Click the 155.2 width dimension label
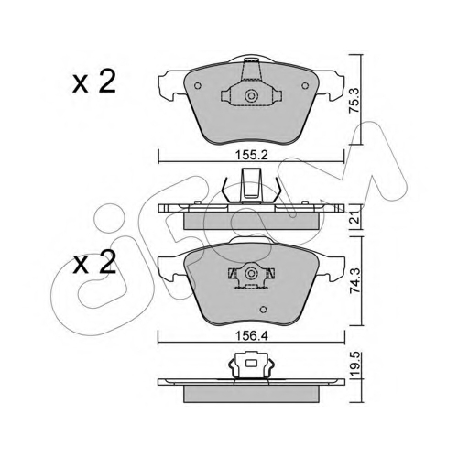pyautogui.click(x=251, y=156)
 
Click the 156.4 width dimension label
pyautogui.click(x=251, y=336)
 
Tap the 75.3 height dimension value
pyautogui.click(x=355, y=101)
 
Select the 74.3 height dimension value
pyautogui.click(x=355, y=281)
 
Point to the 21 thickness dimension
pyautogui.click(x=355, y=218)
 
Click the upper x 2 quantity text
pyautogui.click(x=94, y=81)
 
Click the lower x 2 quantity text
pyautogui.click(x=94, y=262)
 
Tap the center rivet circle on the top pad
pyautogui.click(x=251, y=96)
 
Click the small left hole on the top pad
pyautogui.click(x=198, y=86)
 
